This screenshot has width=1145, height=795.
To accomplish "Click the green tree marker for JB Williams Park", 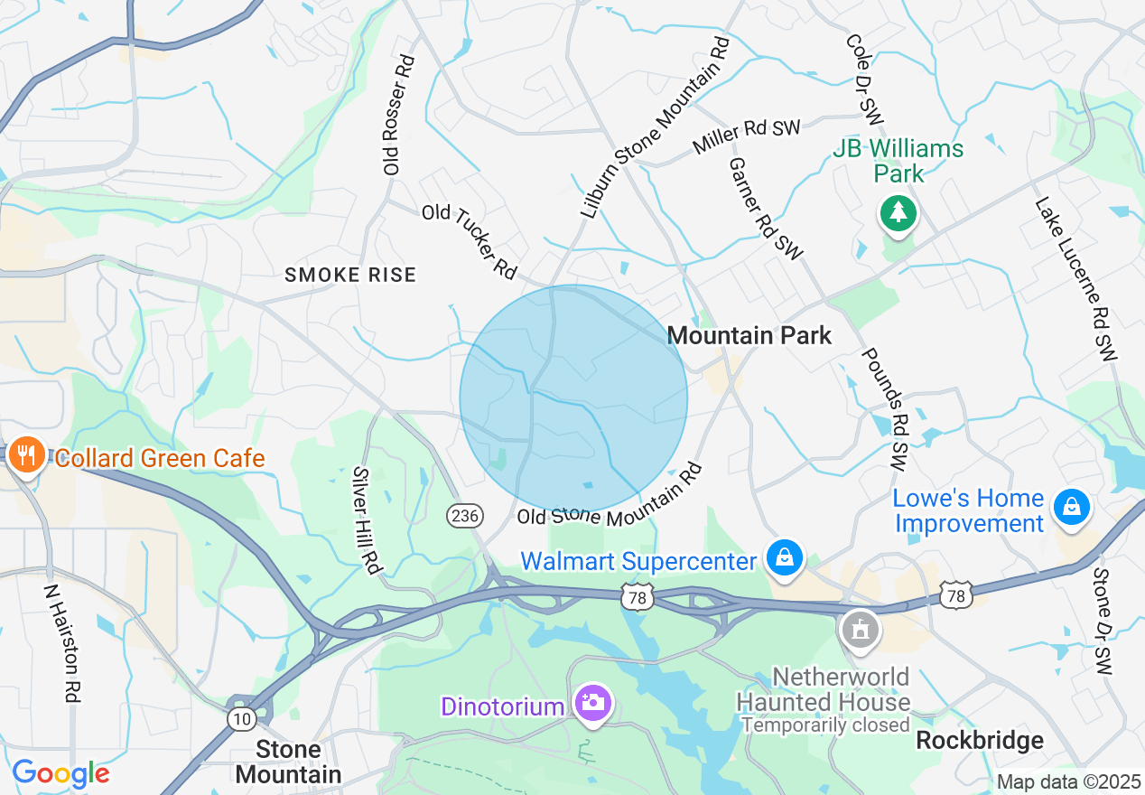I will [x=898, y=213].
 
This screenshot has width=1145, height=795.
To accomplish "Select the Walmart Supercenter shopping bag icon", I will [x=786, y=557].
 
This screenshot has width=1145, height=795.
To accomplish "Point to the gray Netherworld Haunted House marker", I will [x=861, y=629].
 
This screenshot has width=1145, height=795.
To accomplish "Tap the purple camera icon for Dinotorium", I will [x=592, y=702].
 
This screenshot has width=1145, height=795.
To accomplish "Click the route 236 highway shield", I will [x=464, y=516].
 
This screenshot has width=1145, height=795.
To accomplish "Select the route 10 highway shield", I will [x=241, y=717].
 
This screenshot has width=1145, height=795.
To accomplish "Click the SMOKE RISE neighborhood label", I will [x=350, y=275].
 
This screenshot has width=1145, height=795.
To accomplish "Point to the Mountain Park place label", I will [x=749, y=335].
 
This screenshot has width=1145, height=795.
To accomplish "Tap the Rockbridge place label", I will [x=979, y=741].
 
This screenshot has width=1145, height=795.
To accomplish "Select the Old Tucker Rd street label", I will [x=470, y=240].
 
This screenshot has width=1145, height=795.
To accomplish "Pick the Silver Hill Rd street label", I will [x=367, y=520].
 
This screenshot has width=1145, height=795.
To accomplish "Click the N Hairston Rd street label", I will [x=61, y=642].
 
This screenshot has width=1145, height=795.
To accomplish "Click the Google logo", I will [x=61, y=773].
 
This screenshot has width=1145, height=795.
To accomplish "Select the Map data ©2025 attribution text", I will [x=1068, y=781].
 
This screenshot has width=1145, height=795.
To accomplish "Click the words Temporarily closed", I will [x=825, y=725].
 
